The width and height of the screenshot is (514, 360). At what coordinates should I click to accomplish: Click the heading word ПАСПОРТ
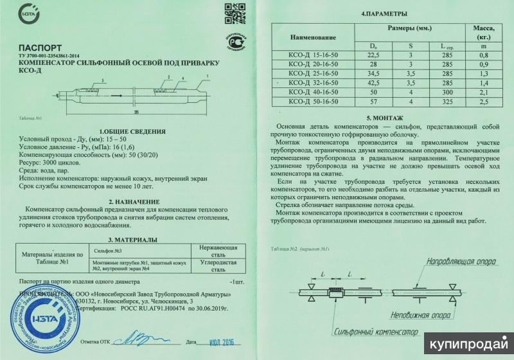click(x=40, y=48)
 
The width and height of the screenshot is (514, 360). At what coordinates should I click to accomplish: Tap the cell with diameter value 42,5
click(x=373, y=83)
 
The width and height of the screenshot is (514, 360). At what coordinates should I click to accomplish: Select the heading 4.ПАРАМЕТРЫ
click(x=384, y=14)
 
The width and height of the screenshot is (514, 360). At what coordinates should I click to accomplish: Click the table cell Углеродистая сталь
click(x=218, y=267)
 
